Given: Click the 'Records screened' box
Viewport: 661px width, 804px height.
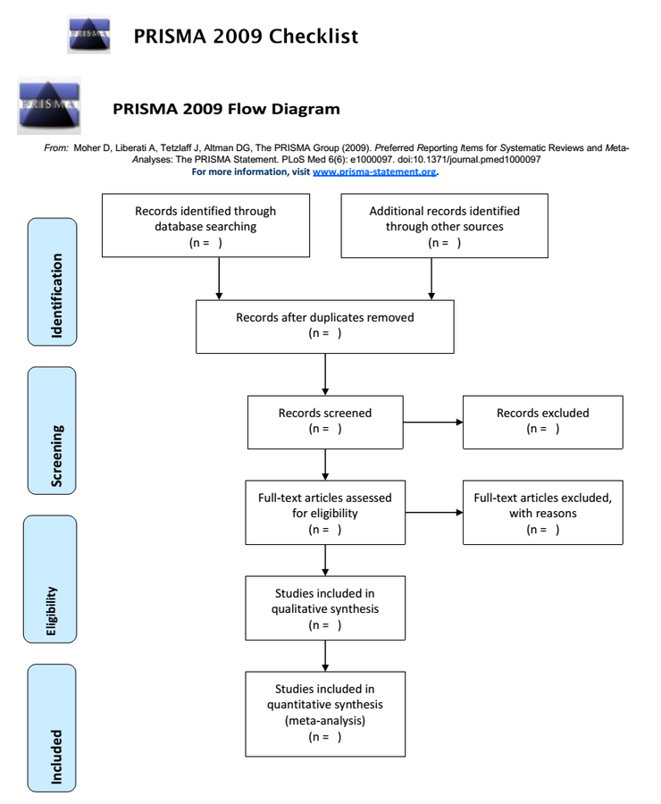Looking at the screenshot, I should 324,422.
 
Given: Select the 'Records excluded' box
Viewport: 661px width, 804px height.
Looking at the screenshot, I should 542,422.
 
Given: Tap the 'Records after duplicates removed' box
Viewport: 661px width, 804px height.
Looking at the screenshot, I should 324,325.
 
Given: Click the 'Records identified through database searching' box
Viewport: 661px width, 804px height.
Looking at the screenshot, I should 205,226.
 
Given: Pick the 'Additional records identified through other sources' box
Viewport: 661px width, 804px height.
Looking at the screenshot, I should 444,226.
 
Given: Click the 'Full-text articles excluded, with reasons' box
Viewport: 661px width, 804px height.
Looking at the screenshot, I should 542,513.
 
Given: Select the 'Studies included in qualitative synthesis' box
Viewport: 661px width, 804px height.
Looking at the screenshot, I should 324,608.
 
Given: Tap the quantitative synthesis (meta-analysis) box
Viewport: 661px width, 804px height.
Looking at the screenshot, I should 324,712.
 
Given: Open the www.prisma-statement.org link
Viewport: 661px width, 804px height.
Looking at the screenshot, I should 373,172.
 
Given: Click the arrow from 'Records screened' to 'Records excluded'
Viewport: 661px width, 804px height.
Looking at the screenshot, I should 431,422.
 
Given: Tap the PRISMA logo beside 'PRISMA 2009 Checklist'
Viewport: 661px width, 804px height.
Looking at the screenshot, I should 88,36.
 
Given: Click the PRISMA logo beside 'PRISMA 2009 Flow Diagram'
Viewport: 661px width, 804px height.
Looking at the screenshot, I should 49,105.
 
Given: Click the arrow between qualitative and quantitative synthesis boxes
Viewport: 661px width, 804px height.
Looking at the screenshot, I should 324,654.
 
